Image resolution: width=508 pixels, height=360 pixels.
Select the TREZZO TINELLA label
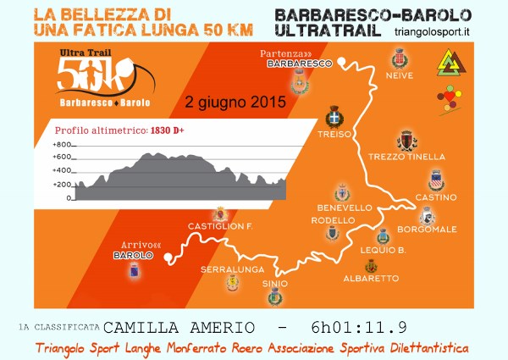coord(406,157)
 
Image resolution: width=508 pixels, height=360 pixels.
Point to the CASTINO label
coord(436,197)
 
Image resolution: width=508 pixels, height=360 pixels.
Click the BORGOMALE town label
coord(433,230)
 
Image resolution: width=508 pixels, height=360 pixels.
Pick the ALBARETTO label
coord(371,278)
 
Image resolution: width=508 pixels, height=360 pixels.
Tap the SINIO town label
coord(275,283)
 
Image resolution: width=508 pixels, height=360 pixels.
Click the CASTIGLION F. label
coord(221,226)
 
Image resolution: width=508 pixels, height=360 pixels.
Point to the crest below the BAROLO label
coord(133,270)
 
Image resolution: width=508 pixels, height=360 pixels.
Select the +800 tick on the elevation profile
coord(63,145)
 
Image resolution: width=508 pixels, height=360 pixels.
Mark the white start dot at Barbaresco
coord(342,60)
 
